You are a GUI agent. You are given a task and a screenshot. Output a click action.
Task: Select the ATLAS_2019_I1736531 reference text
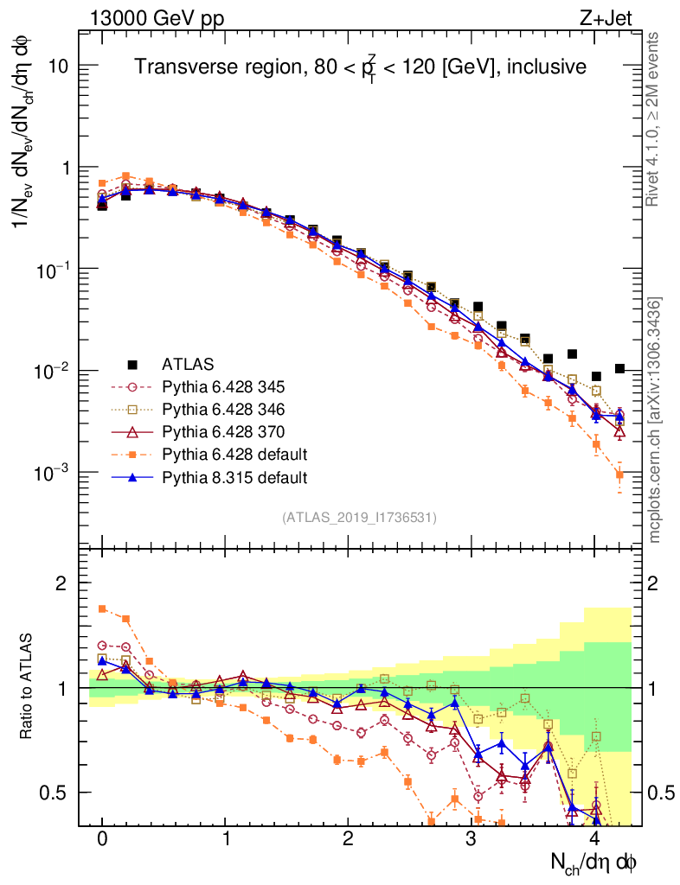coord(359,518)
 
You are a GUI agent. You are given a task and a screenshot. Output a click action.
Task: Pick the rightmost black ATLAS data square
coord(619,368)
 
